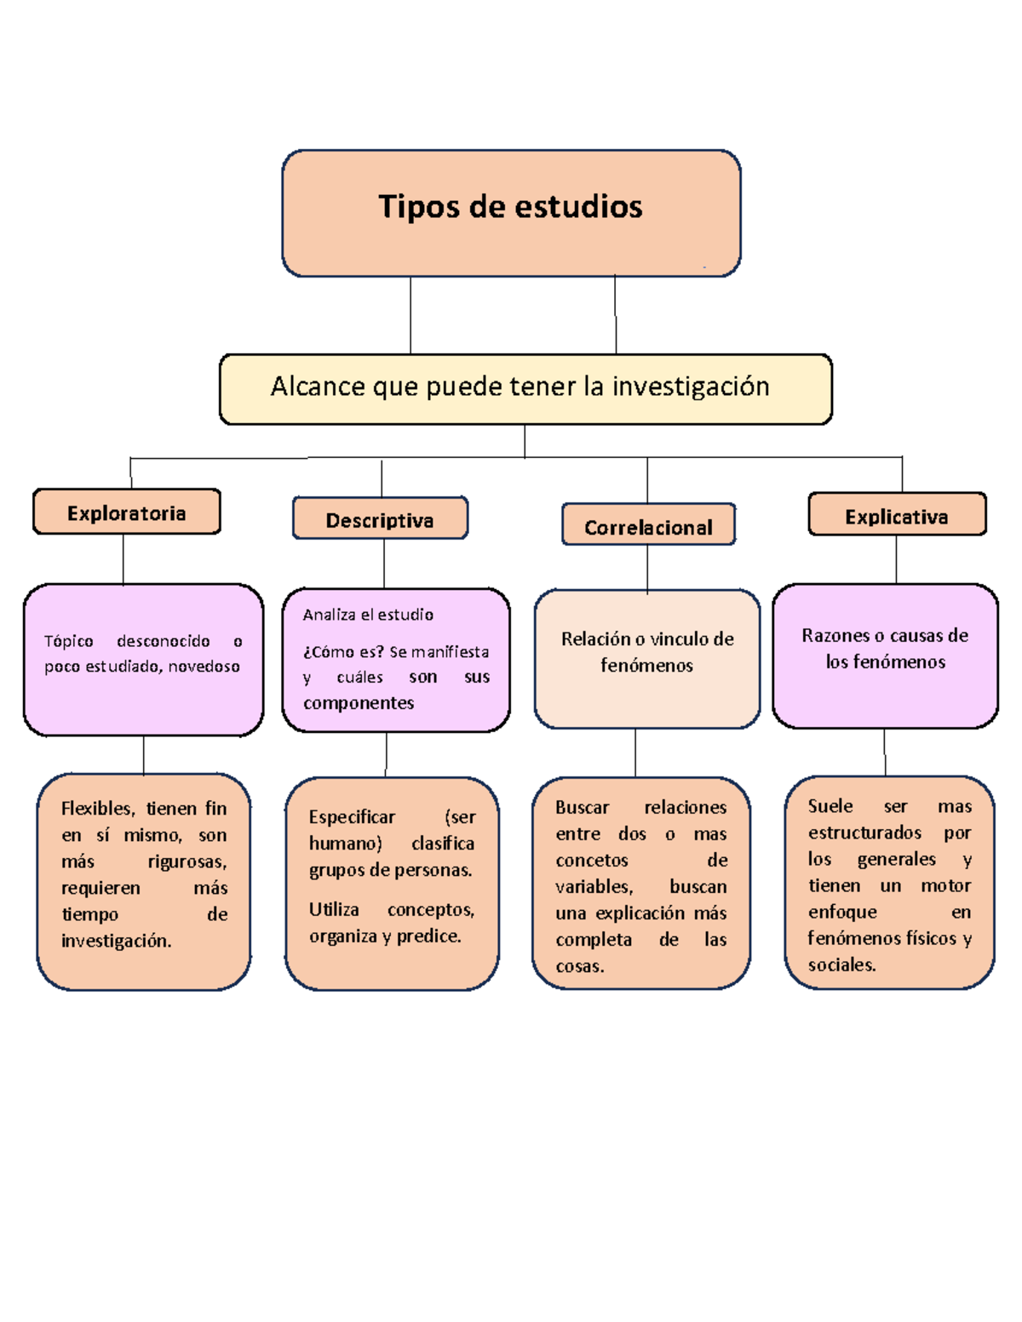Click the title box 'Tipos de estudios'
point(511,213)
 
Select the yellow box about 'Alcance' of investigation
point(525,388)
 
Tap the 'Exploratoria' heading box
point(127,512)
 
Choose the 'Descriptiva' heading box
point(380,519)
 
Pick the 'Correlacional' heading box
point(648,526)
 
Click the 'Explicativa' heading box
point(897,516)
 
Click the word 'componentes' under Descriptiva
point(359,703)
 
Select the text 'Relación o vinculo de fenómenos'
point(647,652)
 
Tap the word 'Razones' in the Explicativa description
point(831,636)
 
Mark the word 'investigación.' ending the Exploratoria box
point(116,941)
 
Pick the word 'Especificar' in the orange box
point(352,817)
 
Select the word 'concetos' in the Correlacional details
point(592,861)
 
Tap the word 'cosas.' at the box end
point(580,966)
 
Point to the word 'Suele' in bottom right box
point(830,806)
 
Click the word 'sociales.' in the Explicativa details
point(841,964)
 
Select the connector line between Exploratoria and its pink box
point(123,559)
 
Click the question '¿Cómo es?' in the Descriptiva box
point(343,652)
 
